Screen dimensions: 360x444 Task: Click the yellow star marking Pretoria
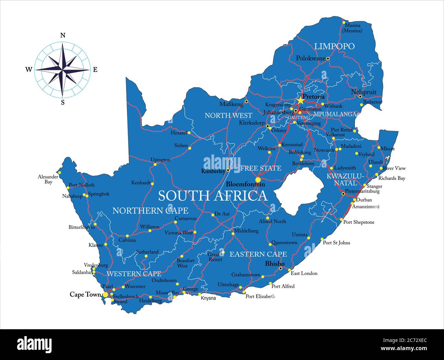click(x=300, y=100)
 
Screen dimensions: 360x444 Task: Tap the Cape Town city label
click(x=85, y=294)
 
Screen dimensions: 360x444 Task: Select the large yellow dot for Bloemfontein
click(x=258, y=180)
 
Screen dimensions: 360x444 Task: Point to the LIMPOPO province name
click(x=334, y=46)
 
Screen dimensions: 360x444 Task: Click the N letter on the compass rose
click(x=63, y=35)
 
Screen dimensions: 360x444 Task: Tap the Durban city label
click(x=364, y=200)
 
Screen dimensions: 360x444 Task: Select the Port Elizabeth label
click(x=260, y=297)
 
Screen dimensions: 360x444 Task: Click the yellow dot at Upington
click(x=155, y=164)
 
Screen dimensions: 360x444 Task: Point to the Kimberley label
click(x=213, y=171)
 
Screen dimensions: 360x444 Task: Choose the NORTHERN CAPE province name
click(x=150, y=211)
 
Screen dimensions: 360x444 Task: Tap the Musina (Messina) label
click(x=353, y=28)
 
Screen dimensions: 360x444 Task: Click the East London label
click(x=304, y=273)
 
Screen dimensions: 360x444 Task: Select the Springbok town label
click(x=99, y=194)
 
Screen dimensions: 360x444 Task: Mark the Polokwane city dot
click(x=328, y=59)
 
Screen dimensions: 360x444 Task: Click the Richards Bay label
click(x=391, y=178)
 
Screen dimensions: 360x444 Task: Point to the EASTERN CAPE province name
click(x=258, y=254)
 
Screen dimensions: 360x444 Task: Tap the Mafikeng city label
click(x=231, y=104)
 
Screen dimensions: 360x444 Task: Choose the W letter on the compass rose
click(x=29, y=70)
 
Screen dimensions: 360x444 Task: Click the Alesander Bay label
click(x=48, y=179)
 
